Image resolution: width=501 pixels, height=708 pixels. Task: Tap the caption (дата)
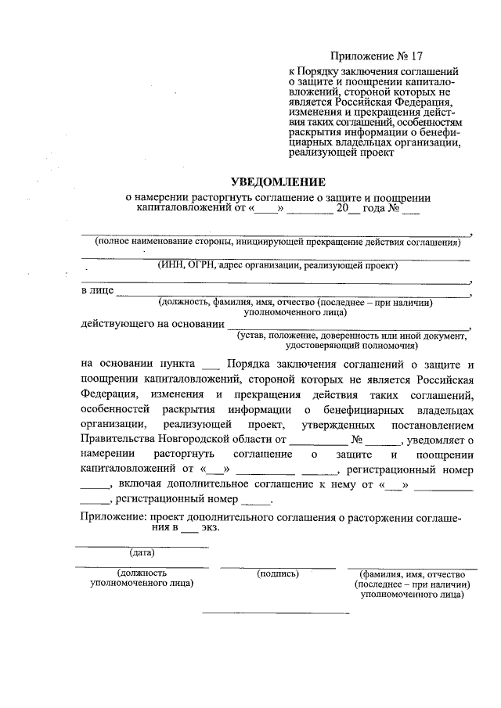pyautogui.click(x=141, y=553)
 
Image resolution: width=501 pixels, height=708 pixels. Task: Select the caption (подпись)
pyautogui.click(x=278, y=573)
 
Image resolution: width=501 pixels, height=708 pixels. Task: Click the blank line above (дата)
pyautogui.click(x=141, y=546)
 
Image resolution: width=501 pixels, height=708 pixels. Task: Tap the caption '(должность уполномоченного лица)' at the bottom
pyautogui.click(x=142, y=578)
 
